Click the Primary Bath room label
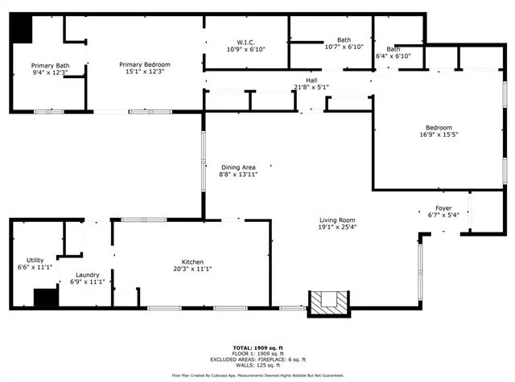[x=50, y=66]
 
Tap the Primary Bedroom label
[x=145, y=64]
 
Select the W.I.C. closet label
[x=245, y=43]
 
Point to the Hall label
[x=311, y=80]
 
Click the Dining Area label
[x=238, y=167]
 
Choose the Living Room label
[x=337, y=220]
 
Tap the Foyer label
[x=443, y=208]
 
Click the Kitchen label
[x=192, y=262]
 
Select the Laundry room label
[x=88, y=275]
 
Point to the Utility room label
[x=35, y=261]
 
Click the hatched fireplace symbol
[x=329, y=304]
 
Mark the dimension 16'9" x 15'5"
[x=439, y=134]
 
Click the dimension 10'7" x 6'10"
[x=344, y=47]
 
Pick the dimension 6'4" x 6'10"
[x=393, y=56]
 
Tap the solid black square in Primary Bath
[x=22, y=29]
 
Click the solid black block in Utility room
[x=46, y=298]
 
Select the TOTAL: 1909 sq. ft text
[x=257, y=348]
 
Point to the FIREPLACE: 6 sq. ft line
[x=257, y=359]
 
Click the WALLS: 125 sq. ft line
[x=257, y=365]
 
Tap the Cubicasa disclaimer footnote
[x=257, y=376]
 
